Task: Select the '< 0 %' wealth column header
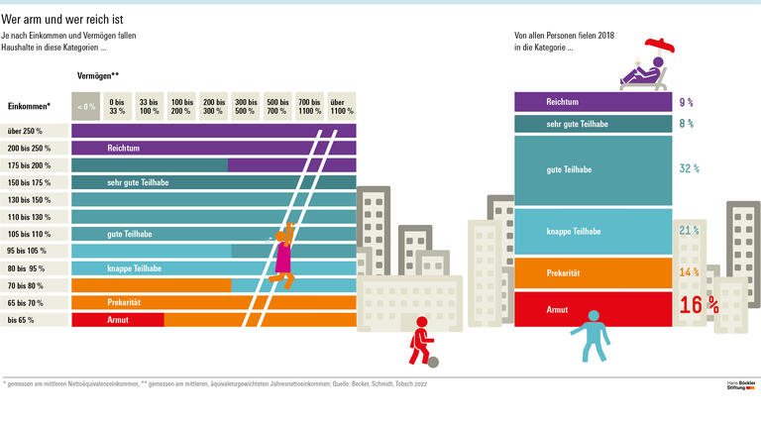pyautogui.click(x=86, y=106)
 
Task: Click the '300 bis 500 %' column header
pyautogui.click(x=245, y=106)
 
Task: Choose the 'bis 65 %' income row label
pyautogui.click(x=22, y=320)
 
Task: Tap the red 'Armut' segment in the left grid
pyautogui.click(x=118, y=320)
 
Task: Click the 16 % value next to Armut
pyautogui.click(x=699, y=306)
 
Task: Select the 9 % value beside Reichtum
pyautogui.click(x=686, y=102)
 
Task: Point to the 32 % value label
pyautogui.click(x=690, y=169)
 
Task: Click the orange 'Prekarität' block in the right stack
pyautogui.click(x=592, y=272)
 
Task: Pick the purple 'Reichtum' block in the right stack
pyautogui.click(x=592, y=102)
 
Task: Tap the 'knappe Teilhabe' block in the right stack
pyautogui.click(x=592, y=231)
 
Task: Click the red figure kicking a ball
pyautogui.click(x=419, y=340)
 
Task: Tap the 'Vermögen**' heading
pyautogui.click(x=98, y=75)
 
